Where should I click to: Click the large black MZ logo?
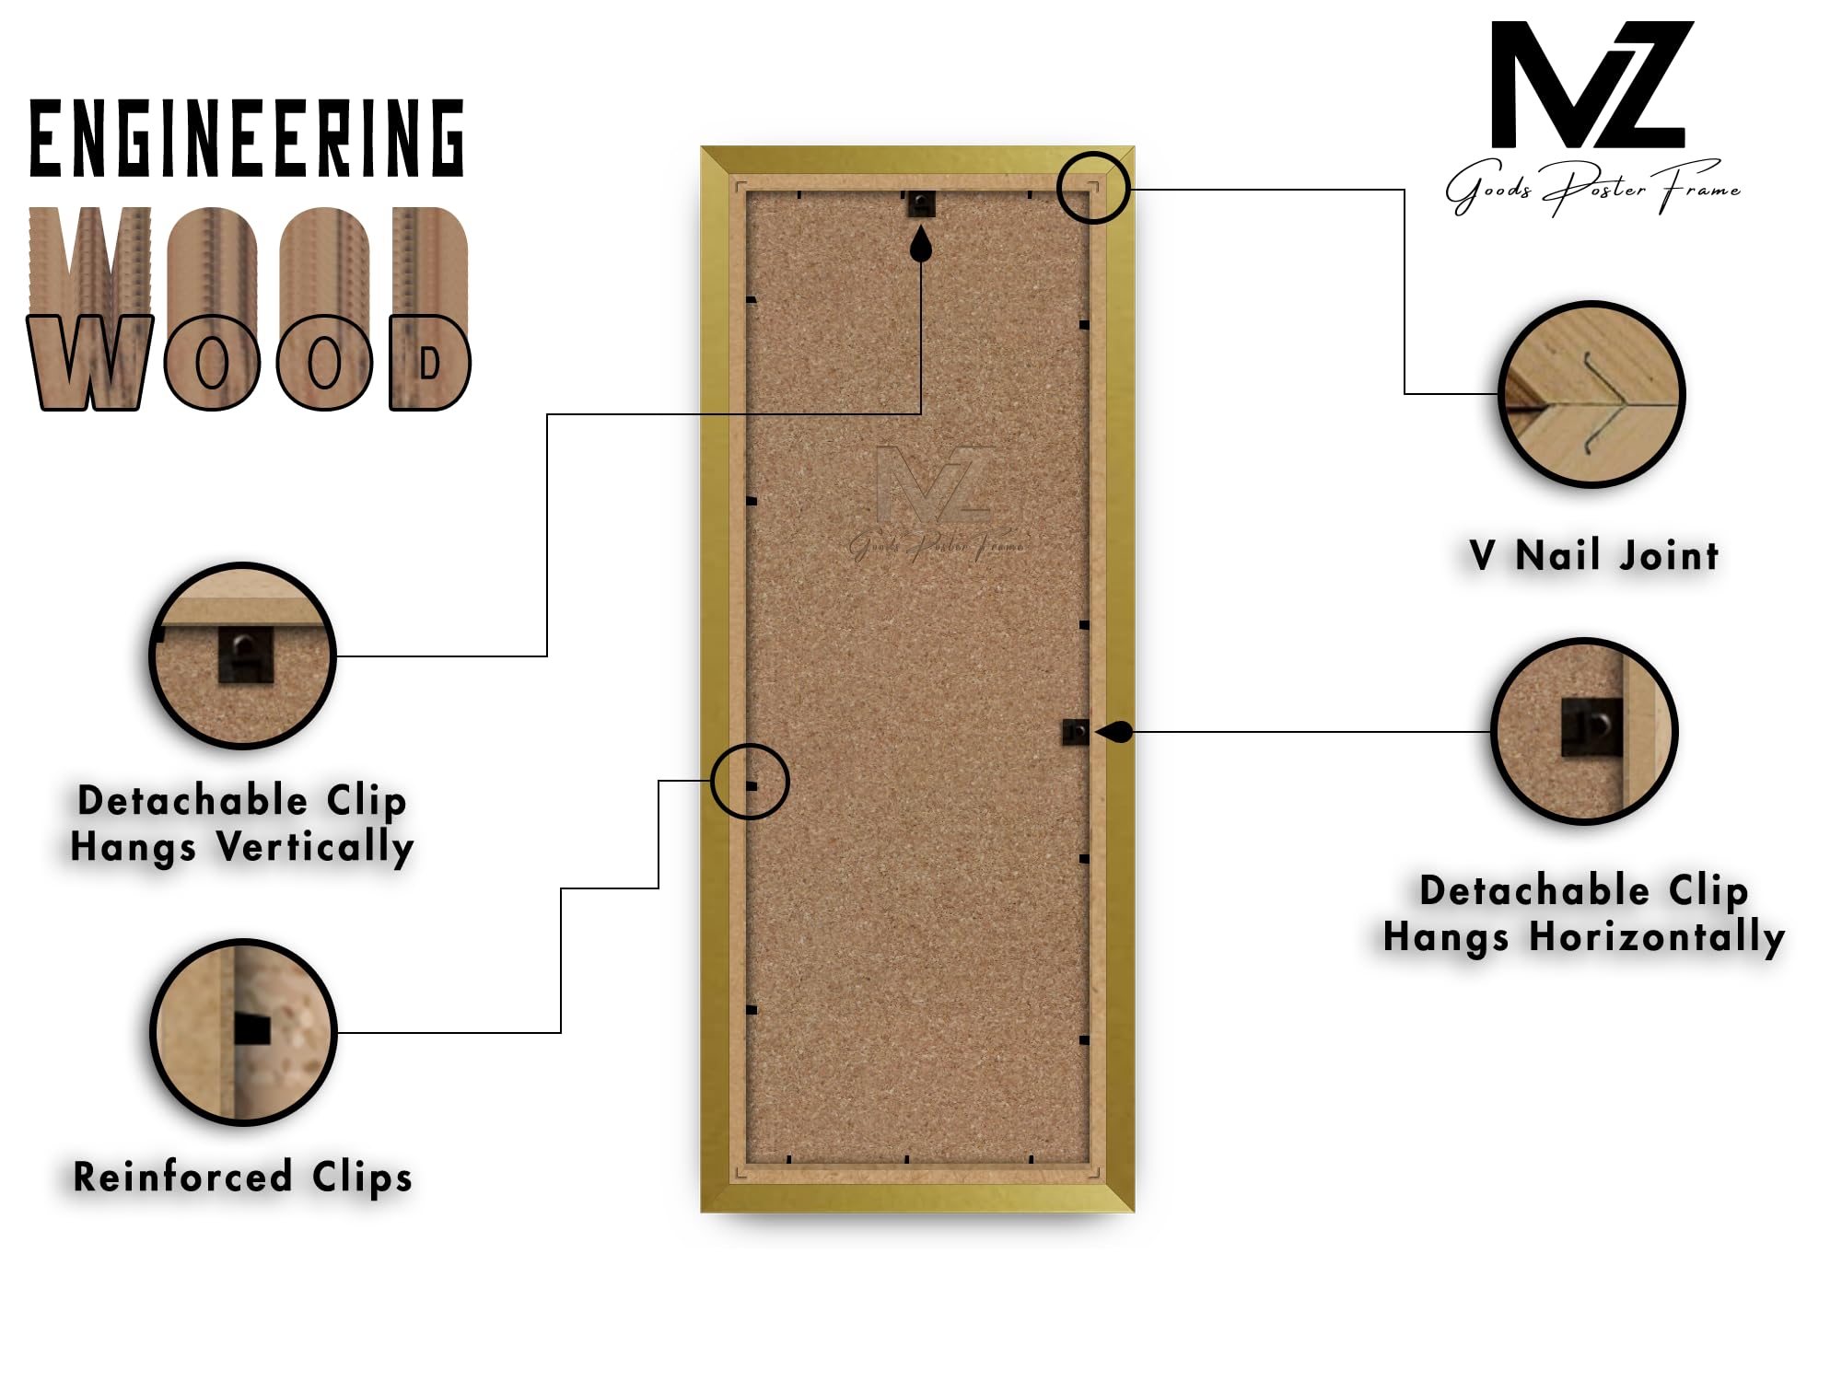pos(1592,85)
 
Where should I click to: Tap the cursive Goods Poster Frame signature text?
pos(1592,189)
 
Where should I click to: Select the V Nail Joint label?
pos(1594,556)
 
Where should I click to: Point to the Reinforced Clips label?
pos(243,1178)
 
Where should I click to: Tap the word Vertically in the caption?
pos(315,847)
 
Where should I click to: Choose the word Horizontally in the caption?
pos(1657,937)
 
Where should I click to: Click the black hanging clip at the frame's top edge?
pos(921,203)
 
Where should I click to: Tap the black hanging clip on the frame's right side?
pos(1076,732)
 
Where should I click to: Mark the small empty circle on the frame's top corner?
pos(1057,188)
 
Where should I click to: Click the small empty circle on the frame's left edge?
pos(713,782)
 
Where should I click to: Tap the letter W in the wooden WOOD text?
pos(89,362)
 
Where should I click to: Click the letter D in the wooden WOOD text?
pos(430,362)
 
